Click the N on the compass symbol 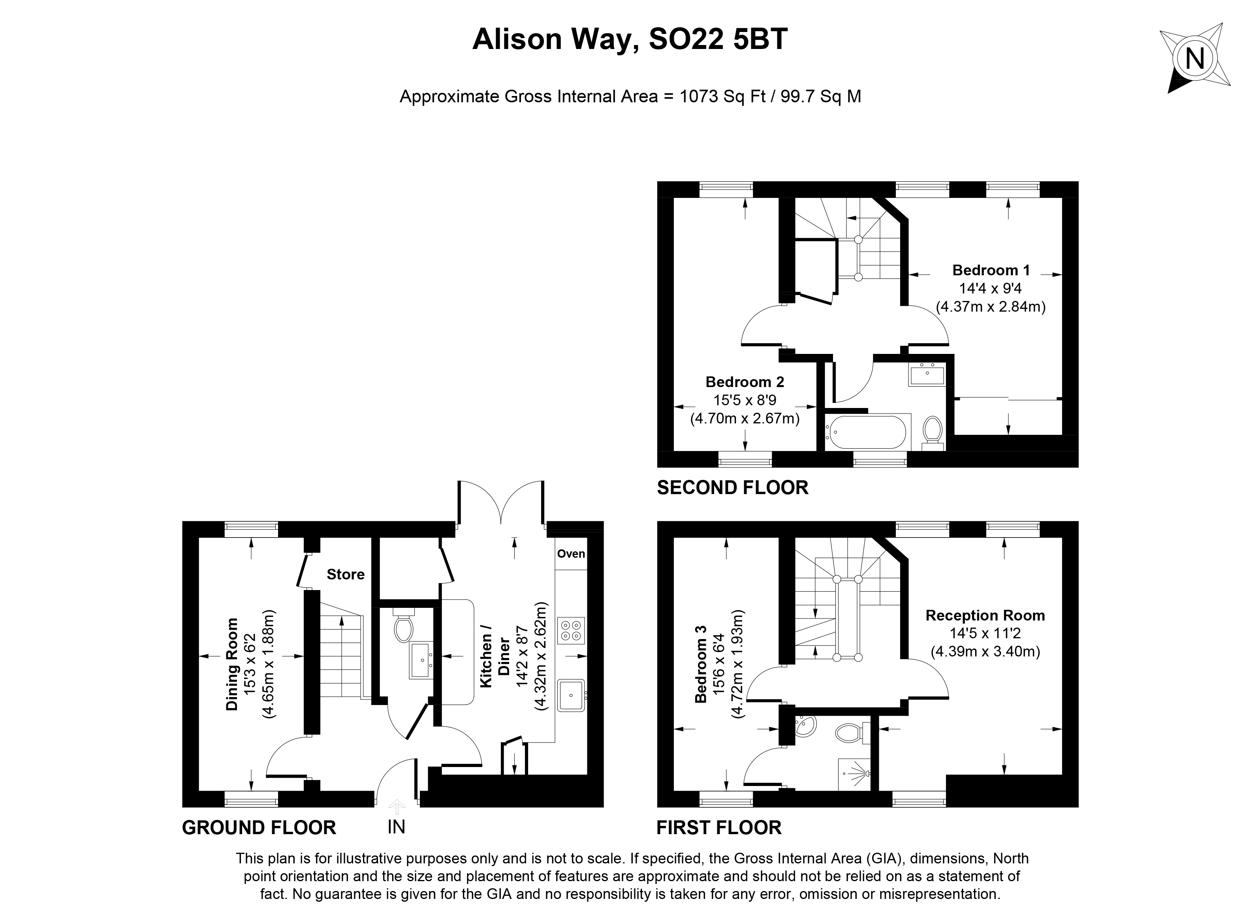point(1194,58)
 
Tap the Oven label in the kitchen point(571,554)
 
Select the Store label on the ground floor point(346,574)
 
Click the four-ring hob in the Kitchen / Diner point(571,630)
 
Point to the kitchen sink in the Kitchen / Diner point(571,695)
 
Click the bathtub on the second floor point(866,432)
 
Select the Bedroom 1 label point(991,271)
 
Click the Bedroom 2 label point(745,382)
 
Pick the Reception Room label point(985,616)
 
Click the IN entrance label point(396,827)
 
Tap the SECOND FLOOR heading point(732,488)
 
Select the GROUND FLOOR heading point(259,828)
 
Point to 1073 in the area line point(700,97)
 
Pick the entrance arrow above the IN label point(396,807)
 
